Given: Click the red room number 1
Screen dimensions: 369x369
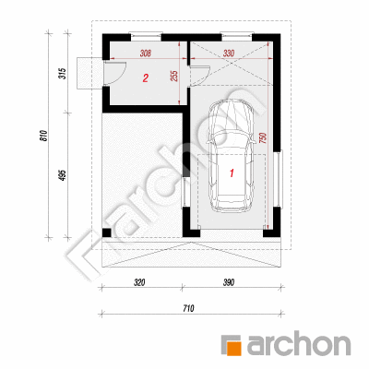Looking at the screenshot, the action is point(232,173).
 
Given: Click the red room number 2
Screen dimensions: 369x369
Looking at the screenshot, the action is point(145,78).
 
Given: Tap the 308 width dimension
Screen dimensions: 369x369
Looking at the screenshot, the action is point(146,54).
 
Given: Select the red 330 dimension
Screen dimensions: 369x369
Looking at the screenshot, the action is point(229,54).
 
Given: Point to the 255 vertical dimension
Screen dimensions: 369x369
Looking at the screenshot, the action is point(173,76).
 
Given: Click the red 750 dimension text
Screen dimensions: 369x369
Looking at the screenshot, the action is point(263,138).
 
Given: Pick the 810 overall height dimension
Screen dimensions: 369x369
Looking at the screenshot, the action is point(44,136).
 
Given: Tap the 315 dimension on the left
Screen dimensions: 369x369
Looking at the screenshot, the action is point(63,74).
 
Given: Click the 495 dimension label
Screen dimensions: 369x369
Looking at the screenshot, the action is point(63,174).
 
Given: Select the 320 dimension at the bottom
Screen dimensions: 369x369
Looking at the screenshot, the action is point(139,282).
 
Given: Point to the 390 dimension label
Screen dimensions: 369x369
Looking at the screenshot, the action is point(229,282).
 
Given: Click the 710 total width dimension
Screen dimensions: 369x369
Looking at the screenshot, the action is point(188,308).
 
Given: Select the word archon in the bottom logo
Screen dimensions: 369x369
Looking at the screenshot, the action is point(299,343).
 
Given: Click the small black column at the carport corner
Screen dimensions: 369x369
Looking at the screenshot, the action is point(106,232).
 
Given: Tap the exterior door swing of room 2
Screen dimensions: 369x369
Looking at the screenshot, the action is point(115,73).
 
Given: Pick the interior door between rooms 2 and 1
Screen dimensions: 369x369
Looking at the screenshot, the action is point(199,76).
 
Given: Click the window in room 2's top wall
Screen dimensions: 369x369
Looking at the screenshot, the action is point(147,36).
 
